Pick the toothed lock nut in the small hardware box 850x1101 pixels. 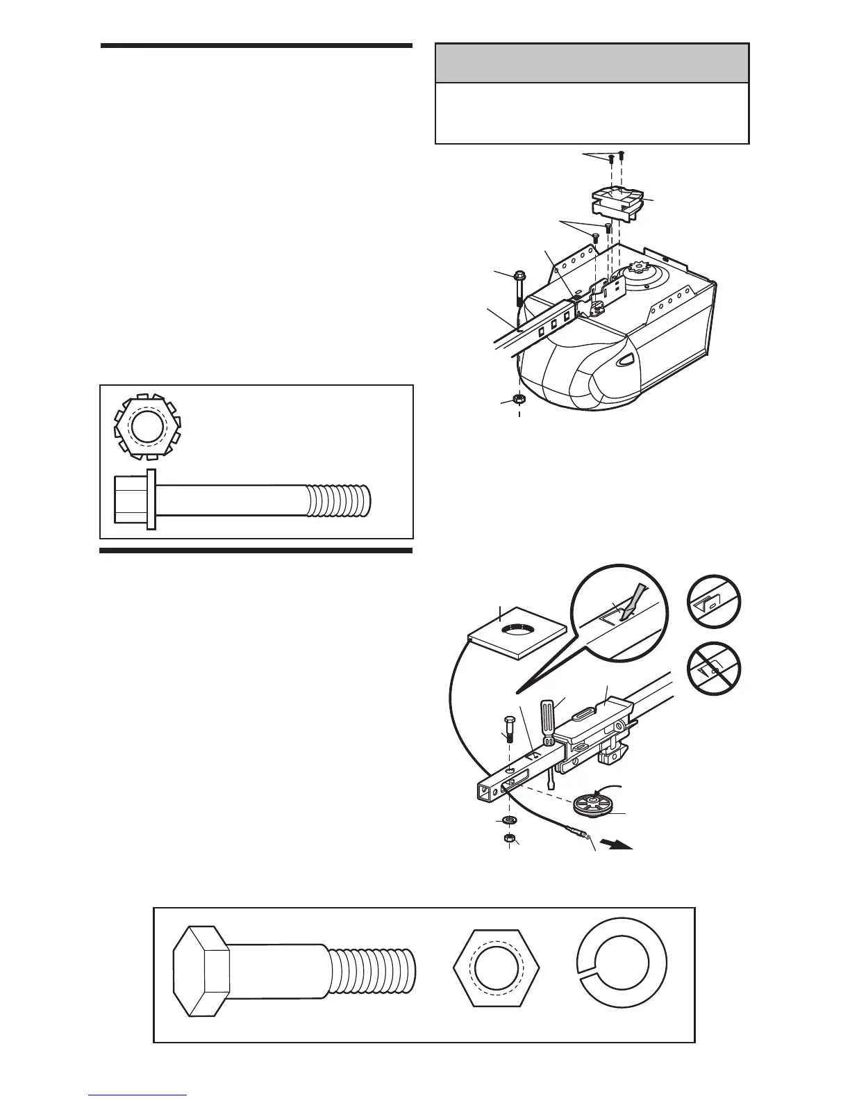point(144,426)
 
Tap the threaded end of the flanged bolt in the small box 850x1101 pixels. point(340,501)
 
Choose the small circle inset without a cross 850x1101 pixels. point(713,602)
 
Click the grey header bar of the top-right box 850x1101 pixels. point(592,63)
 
